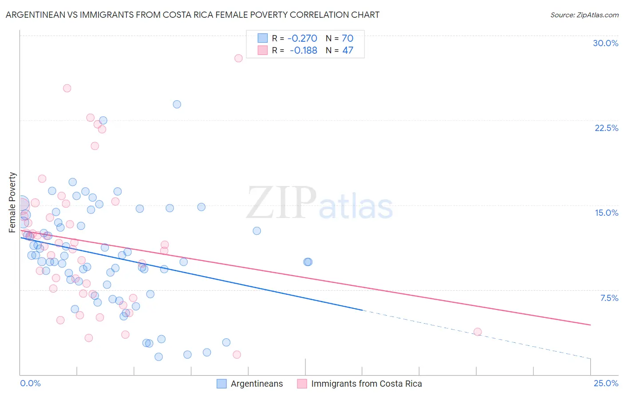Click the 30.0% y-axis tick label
(605, 43)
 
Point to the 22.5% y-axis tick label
(606, 128)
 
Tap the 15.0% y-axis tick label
(606, 213)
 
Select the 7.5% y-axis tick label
(609, 298)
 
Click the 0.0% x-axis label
(30, 383)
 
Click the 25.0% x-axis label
(606, 383)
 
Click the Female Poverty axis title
(12, 202)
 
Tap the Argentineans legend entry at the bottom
(257, 384)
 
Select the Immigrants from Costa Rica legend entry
(366, 384)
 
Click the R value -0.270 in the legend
(302, 38)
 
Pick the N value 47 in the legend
(348, 51)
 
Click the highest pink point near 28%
(238, 58)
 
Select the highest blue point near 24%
(177, 104)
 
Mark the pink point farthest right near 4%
(478, 332)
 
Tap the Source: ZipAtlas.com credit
(584, 15)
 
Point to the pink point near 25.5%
(67, 88)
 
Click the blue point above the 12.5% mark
(257, 231)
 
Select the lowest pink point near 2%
(237, 354)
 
